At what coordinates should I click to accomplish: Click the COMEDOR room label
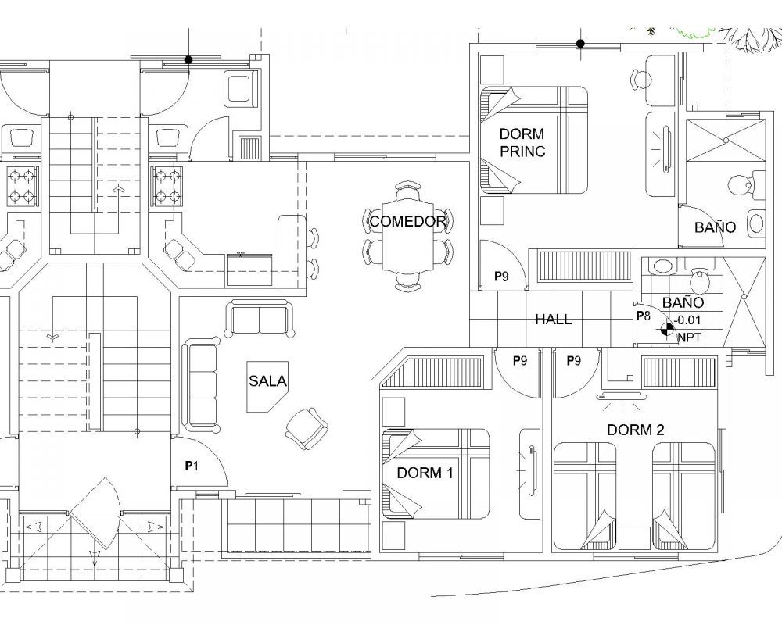click(407, 221)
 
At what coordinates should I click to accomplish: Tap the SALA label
click(267, 381)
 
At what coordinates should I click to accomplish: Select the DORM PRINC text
click(522, 142)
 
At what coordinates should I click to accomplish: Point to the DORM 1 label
click(425, 473)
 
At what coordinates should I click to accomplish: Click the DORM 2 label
click(635, 430)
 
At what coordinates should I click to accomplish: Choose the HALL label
click(553, 320)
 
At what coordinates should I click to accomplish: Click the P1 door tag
click(192, 466)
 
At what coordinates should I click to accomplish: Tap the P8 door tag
click(644, 316)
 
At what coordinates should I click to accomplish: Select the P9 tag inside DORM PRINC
click(501, 276)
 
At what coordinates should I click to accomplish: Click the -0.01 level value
click(687, 320)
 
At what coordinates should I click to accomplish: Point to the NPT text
click(689, 337)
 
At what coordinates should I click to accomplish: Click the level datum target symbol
click(665, 328)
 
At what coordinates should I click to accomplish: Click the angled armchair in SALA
click(307, 428)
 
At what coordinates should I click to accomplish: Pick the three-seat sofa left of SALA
click(201, 384)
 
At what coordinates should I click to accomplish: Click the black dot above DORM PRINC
click(580, 44)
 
